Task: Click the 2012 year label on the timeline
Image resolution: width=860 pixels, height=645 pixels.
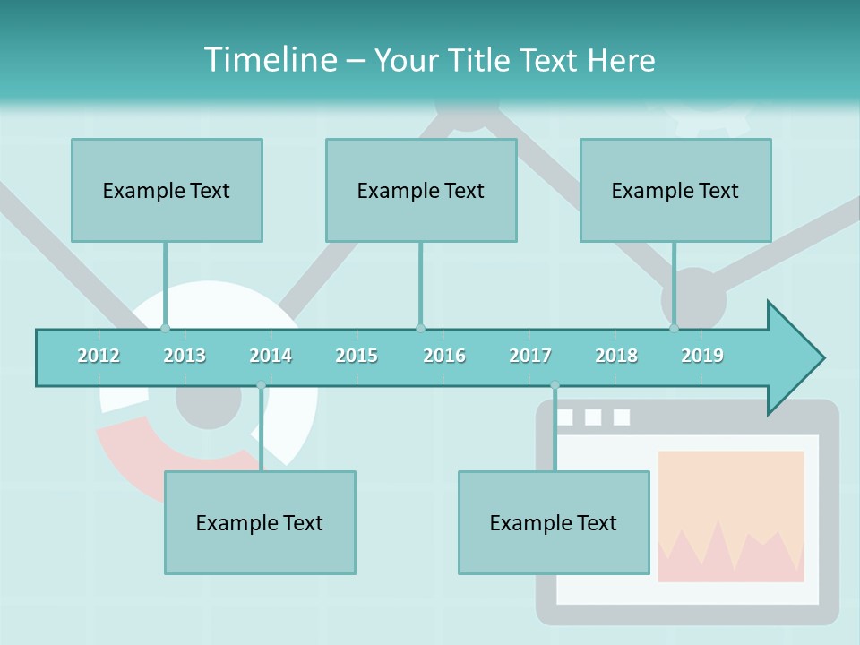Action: pyautogui.click(x=99, y=356)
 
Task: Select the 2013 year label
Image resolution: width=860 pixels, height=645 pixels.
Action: pyautogui.click(x=185, y=356)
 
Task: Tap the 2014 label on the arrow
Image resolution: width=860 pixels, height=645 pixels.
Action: pyautogui.click(x=271, y=356)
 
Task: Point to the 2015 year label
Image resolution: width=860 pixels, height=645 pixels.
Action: pyautogui.click(x=357, y=356)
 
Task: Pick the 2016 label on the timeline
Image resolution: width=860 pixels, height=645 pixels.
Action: pyautogui.click(x=444, y=356)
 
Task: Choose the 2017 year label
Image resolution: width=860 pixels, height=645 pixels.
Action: pyautogui.click(x=530, y=356)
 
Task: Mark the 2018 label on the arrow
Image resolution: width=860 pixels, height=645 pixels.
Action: pyautogui.click(x=616, y=356)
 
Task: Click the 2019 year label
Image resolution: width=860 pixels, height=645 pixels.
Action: pyautogui.click(x=702, y=356)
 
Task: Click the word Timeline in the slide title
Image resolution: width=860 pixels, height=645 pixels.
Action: pyautogui.click(x=269, y=60)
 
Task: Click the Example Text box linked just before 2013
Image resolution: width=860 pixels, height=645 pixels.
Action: pyautogui.click(x=167, y=190)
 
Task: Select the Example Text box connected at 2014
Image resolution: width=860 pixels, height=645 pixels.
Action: pyautogui.click(x=260, y=522)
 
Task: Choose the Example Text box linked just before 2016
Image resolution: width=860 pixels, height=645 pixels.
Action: pyautogui.click(x=421, y=190)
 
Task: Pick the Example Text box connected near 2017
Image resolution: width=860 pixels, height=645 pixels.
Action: pyautogui.click(x=554, y=522)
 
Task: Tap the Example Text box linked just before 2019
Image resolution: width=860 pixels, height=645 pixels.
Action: pyautogui.click(x=675, y=190)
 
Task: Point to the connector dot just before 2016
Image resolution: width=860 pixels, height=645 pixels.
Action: pyautogui.click(x=420, y=328)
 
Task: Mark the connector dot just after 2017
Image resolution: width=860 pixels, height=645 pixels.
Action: pyautogui.click(x=555, y=385)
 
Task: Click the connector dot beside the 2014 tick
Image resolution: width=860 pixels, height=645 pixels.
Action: pyautogui.click(x=261, y=385)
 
